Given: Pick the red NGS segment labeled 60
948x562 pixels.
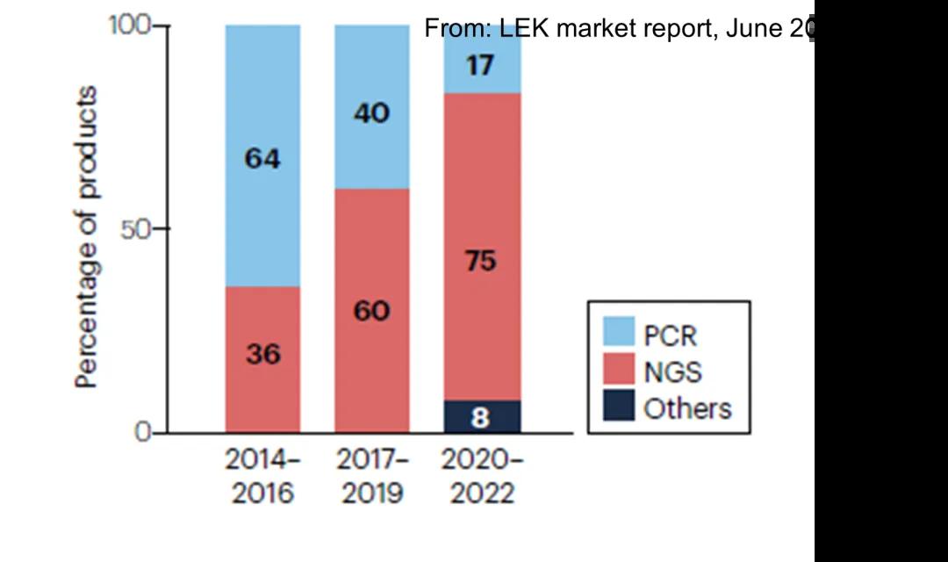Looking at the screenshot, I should click(371, 310).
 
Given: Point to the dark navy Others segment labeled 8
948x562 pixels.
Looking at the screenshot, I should click(480, 417).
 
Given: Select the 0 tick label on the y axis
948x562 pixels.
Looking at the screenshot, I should click(142, 432).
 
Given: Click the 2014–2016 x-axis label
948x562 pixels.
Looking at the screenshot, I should click(262, 475).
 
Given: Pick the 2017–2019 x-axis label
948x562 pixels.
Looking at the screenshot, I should click(372, 475).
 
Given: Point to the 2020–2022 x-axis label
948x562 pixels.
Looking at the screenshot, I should click(481, 475).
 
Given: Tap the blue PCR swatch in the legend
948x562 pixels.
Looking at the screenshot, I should click(618, 332).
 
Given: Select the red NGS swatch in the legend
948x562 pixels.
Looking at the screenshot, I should click(618, 369).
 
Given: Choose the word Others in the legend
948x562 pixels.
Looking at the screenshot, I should click(687, 408).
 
